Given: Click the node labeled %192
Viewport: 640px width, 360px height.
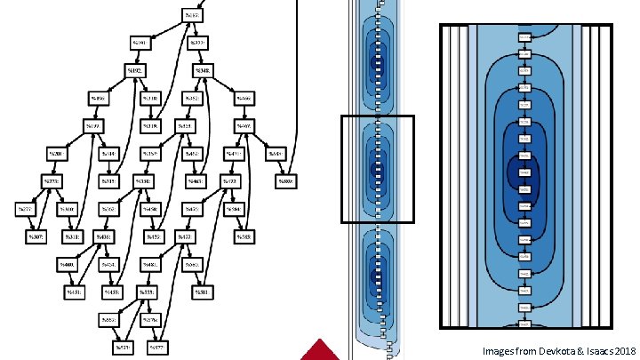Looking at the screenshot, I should coord(136,69).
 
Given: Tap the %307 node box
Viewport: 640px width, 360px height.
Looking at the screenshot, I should coord(36,237).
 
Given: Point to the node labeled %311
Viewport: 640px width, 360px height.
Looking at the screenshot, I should coord(73,237).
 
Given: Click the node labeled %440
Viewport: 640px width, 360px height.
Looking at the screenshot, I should coord(68,264).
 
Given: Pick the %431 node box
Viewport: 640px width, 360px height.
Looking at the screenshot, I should coord(75,292).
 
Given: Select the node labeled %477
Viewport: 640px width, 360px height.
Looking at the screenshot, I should coord(185,237).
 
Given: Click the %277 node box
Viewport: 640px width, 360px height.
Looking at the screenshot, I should coord(25,210).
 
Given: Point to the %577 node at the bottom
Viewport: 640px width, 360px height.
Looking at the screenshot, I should coord(158,347).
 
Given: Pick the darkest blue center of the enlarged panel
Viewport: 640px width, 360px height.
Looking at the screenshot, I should coord(524,171).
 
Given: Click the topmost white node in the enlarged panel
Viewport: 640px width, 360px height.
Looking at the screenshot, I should coord(524,37).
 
